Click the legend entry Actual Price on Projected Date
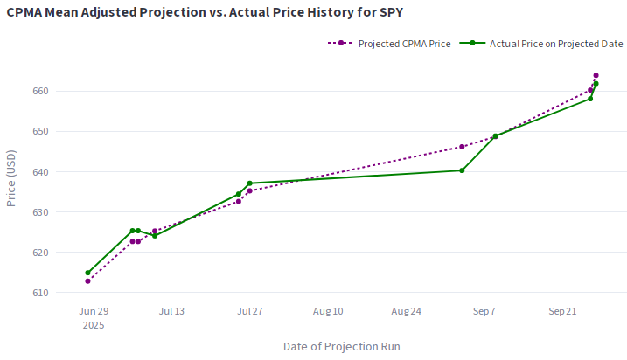(549, 43)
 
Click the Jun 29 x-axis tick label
(94, 311)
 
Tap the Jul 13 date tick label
(171, 311)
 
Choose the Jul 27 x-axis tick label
(249, 311)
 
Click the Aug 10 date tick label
(328, 311)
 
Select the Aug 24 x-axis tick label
(407, 311)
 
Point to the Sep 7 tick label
(484, 311)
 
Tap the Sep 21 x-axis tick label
(562, 311)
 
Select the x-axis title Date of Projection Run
(342, 346)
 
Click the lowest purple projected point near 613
(88, 280)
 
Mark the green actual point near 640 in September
(462, 170)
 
